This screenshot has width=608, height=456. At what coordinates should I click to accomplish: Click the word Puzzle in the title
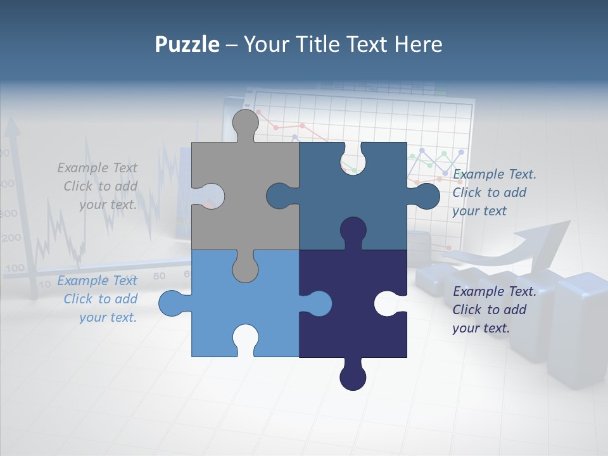coord(187,44)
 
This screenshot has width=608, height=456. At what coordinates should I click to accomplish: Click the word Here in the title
coord(418,44)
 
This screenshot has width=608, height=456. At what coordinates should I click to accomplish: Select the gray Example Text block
coord(98,186)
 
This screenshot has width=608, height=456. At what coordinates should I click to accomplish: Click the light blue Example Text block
coord(98,299)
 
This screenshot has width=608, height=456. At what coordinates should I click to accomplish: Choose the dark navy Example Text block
coord(494,310)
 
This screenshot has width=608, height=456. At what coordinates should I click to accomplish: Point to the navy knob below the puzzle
coord(353,377)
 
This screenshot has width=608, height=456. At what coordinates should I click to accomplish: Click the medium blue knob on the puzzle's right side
coord(427,196)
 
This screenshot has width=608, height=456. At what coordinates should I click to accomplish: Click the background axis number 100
coord(14,269)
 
